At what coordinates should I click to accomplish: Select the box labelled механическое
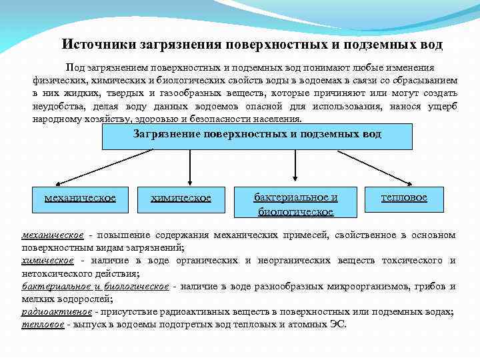(80, 198)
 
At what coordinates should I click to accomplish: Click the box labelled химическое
(181, 198)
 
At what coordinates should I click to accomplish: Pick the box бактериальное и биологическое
(295, 204)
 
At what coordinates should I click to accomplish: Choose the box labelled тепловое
(404, 197)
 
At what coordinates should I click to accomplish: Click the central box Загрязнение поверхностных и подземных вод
(257, 135)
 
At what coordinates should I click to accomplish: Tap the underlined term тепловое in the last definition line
(43, 325)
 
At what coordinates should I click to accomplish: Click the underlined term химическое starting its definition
(47, 261)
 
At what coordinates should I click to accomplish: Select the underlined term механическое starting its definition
(53, 235)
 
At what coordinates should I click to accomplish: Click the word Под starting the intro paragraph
(73, 68)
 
